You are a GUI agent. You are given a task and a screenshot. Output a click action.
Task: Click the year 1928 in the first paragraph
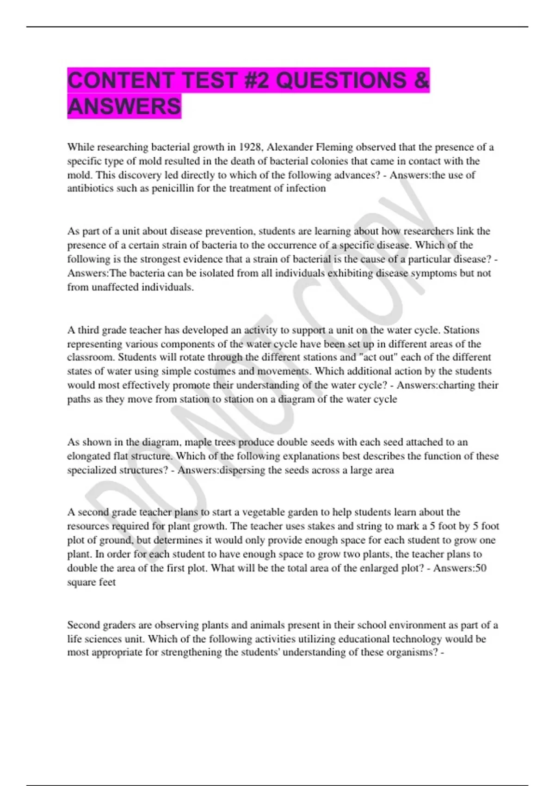(x=250, y=147)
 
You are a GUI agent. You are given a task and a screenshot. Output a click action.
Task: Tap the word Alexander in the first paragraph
(x=290, y=147)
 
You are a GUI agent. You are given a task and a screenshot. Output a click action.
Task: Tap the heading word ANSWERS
(x=124, y=106)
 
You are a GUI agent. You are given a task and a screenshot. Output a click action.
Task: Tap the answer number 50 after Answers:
(x=481, y=568)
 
